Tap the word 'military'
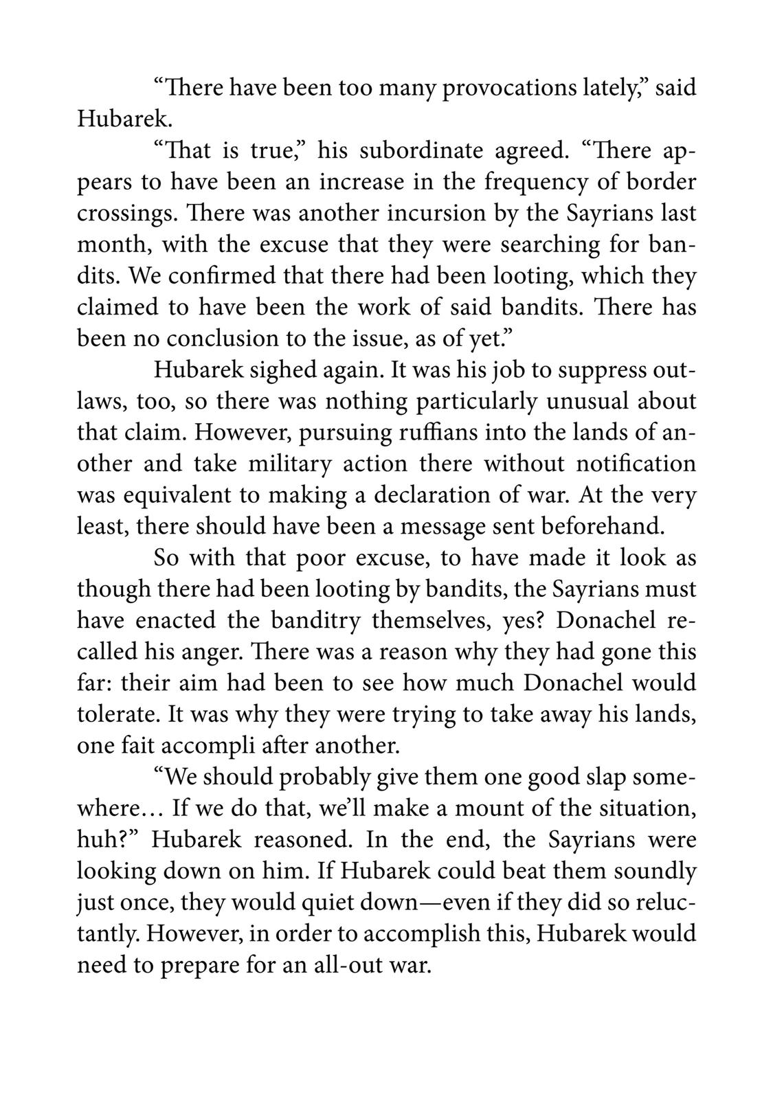coord(289,464)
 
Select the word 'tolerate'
coord(118,714)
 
